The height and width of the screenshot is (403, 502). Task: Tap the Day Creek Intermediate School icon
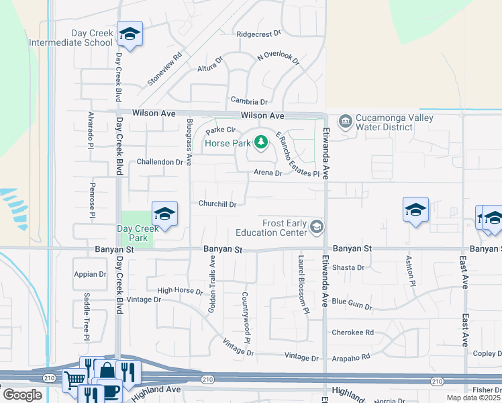tap(129, 34)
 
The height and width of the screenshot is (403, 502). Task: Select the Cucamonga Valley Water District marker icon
tap(346, 121)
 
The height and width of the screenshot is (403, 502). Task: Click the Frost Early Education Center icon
tap(316, 228)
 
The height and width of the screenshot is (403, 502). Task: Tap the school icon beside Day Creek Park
tap(164, 214)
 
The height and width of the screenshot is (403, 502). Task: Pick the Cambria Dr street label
tap(249, 101)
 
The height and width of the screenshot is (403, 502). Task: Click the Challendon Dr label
tap(160, 162)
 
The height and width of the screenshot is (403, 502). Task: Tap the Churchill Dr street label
tap(217, 204)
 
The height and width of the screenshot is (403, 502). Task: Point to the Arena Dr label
tap(268, 173)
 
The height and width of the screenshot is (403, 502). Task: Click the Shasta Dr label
tap(348, 267)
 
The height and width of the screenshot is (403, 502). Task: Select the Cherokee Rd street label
tap(352, 332)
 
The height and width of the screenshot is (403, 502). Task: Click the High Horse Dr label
tap(179, 291)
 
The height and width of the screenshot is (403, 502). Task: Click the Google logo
tap(22, 394)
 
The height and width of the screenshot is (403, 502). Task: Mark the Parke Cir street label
tap(221, 130)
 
